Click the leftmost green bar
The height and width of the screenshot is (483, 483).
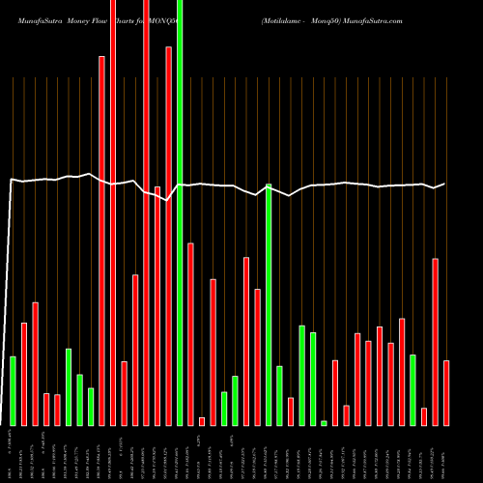click(x=13, y=390)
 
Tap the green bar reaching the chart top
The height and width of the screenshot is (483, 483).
click(x=180, y=213)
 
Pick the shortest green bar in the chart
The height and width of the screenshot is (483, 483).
click(x=325, y=422)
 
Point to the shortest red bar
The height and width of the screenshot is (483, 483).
click(x=202, y=420)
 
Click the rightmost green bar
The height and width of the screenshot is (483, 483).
click(x=412, y=389)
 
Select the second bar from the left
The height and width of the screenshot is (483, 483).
click(x=24, y=374)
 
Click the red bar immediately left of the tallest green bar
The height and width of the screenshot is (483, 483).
click(x=169, y=236)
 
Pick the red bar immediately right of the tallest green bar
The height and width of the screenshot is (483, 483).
click(x=191, y=333)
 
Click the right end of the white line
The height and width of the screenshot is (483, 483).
click(x=445, y=184)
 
